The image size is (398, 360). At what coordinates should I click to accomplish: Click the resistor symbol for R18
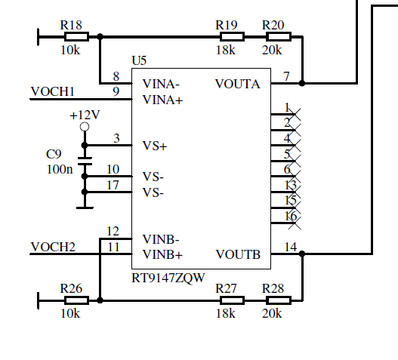77,37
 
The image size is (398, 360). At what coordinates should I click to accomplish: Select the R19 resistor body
233,37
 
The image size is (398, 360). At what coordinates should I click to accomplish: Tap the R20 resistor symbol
279,37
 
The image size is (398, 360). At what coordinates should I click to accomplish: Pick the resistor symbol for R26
77,300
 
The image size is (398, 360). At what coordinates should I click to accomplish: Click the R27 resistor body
233,300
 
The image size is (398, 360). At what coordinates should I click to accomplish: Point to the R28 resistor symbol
279,300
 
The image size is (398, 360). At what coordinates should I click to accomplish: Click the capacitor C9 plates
85,161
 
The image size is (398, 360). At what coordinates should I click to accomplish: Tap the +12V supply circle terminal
85,127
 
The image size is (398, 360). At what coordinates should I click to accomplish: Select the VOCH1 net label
53,91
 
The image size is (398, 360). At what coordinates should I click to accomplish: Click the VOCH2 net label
53,247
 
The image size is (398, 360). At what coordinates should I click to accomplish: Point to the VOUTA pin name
238,84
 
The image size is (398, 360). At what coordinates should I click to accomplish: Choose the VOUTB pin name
238,254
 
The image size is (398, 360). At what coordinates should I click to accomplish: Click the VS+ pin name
155,146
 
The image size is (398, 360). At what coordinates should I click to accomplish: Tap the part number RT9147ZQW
168,278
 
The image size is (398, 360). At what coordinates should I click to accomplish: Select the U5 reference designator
139,60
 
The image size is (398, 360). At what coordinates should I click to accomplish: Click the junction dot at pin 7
302,83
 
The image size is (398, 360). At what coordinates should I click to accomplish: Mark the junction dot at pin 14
302,254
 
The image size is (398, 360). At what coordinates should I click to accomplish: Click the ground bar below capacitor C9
85,208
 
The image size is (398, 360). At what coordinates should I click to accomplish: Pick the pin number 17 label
113,185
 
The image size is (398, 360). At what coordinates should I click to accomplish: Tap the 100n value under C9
60,169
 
